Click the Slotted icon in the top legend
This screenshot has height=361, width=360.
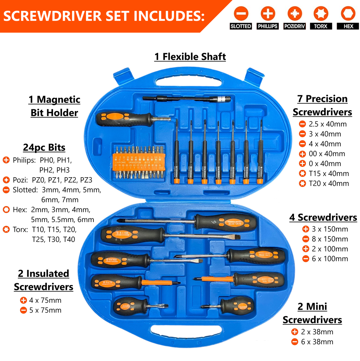pyautogui.click(x=241, y=13)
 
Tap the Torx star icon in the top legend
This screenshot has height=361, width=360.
pyautogui.click(x=321, y=13)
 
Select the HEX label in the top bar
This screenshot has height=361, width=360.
pyautogui.click(x=348, y=26)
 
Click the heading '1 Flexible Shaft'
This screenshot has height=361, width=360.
pyautogui.click(x=190, y=56)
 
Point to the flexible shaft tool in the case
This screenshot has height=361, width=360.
pyautogui.click(x=187, y=99)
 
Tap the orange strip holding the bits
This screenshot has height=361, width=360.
pyautogui.click(x=138, y=162)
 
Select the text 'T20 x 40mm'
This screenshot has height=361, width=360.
pyautogui.click(x=329, y=183)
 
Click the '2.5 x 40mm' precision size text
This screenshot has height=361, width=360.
pyautogui.click(x=327, y=124)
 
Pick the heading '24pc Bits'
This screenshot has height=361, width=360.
pyautogui.click(x=44, y=148)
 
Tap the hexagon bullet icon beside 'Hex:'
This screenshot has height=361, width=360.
pyautogui.click(x=6, y=210)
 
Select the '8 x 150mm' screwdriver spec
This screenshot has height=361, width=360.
pyautogui.click(x=330, y=239)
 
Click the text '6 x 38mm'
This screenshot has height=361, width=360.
pyautogui.click(x=317, y=342)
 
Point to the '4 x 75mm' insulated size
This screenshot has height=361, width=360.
pyautogui.click(x=45, y=300)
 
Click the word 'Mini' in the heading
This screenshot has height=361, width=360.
pyautogui.click(x=316, y=306)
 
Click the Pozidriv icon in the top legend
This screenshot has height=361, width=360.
pyautogui.click(x=294, y=13)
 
